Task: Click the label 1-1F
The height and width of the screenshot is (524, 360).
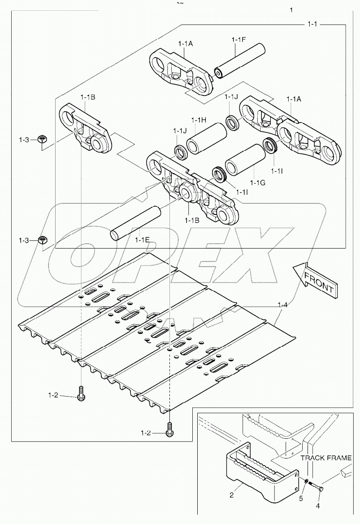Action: pos(239,40)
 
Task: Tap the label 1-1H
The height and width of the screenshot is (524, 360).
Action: pos(198,120)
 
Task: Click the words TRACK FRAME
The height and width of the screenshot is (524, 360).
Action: pos(326,458)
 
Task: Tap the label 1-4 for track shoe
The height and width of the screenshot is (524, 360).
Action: pos(283,305)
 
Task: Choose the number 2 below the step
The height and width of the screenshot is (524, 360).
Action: pos(232,495)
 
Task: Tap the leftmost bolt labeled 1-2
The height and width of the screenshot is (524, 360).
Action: pos(81,395)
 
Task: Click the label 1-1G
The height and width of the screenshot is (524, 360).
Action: pos(258,183)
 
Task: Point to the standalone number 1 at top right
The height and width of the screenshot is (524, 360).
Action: pos(292,10)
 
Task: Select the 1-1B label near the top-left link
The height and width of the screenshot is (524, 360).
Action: pos(88,97)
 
